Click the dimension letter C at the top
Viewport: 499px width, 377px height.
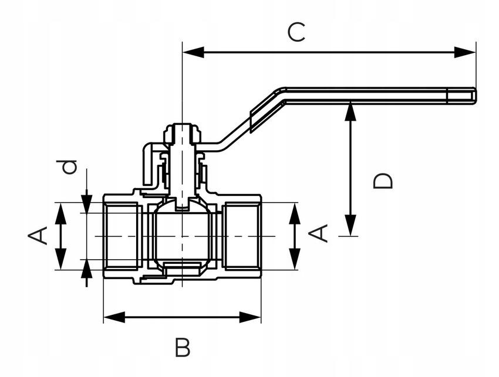296,32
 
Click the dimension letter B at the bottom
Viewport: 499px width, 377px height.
183,348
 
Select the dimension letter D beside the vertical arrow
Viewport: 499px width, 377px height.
383,181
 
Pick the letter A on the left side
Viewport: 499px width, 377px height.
38,236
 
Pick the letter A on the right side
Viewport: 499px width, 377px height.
318,233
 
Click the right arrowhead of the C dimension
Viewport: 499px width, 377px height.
464,52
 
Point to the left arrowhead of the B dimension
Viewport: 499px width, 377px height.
114,317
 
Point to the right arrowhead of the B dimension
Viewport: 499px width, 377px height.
250,317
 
